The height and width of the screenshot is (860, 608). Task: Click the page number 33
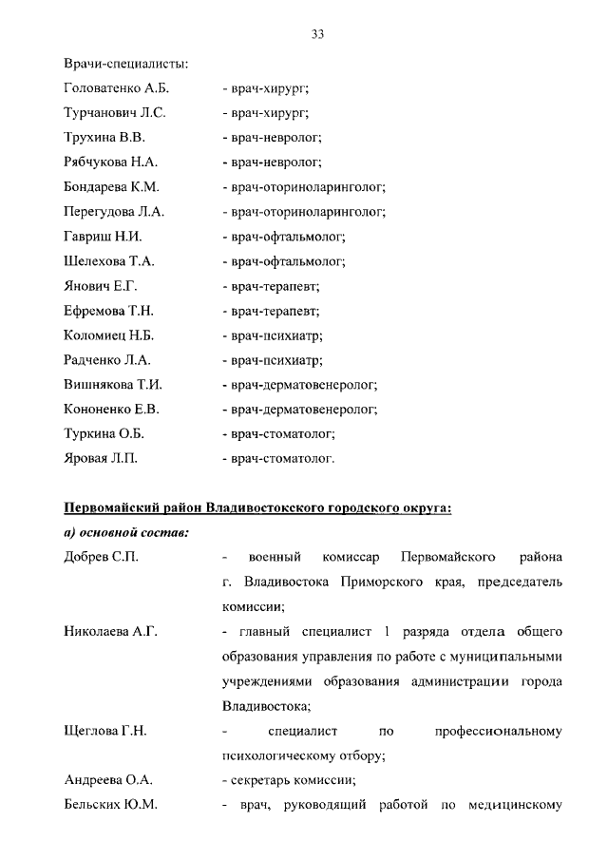point(318,34)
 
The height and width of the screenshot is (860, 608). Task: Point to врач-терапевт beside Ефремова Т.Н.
point(272,311)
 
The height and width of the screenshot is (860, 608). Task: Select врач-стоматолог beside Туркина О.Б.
point(279,434)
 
